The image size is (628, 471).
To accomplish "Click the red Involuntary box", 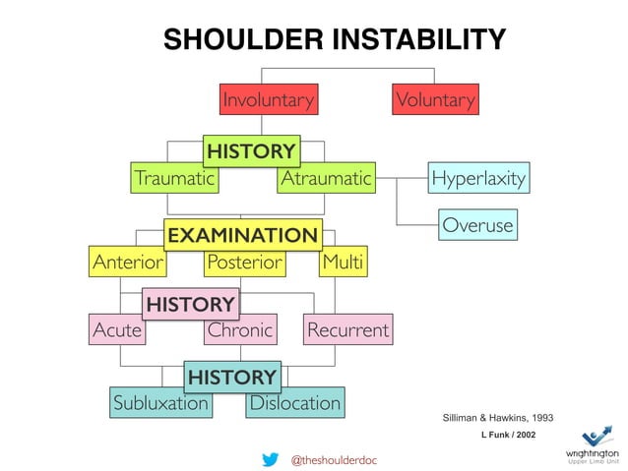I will pos(268,99).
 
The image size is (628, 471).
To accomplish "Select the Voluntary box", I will pos(435,99).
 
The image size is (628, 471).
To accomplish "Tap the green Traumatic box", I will pos(174,179).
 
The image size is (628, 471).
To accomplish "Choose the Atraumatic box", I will pos(326,179).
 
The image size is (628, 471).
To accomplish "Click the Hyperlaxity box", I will pos(478,179).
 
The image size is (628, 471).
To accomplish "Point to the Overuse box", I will pos(477,225).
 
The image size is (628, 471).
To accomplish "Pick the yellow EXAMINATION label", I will pos(242,235).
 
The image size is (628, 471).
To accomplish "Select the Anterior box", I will pos(127,263).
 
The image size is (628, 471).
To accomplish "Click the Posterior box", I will pos(244,263).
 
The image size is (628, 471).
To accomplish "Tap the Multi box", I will pos(343,263).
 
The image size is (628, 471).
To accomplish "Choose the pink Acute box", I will pos(116,330).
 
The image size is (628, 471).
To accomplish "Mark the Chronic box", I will pos(239,330).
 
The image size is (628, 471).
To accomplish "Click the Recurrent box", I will pos(347,330).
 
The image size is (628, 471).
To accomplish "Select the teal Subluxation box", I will pos(160,403).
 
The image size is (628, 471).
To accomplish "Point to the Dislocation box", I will pos(294,403).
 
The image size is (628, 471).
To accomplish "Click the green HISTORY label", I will pos(250,151).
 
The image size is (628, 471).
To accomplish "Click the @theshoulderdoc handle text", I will pos(334,459).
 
